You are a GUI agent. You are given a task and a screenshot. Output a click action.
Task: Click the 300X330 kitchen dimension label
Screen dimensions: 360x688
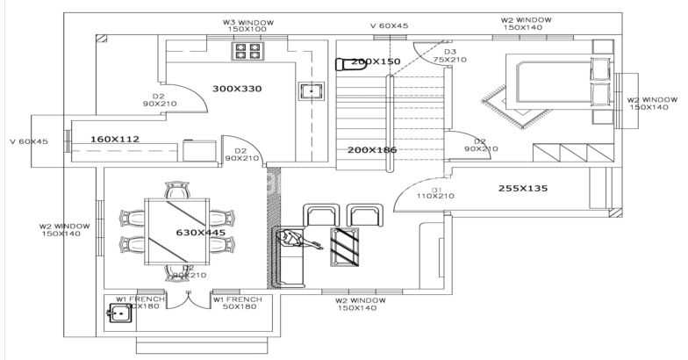tap(237, 89)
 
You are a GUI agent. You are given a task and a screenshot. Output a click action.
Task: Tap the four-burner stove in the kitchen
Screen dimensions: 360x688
tap(243, 52)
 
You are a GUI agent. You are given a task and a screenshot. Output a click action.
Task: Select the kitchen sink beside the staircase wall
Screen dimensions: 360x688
tap(310, 90)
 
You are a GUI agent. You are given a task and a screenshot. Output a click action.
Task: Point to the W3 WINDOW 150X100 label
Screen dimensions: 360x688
tap(247, 24)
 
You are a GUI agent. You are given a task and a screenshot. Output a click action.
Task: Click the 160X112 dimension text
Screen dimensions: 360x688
tap(115, 139)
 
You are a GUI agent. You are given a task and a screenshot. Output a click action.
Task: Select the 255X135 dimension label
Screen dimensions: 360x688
tap(523, 188)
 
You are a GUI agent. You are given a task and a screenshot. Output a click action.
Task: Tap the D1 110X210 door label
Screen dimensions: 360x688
tap(436, 192)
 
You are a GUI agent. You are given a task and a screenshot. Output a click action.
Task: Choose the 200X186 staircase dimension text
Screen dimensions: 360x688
tap(372, 150)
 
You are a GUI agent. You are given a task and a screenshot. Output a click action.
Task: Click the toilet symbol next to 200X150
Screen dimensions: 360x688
tap(342, 62)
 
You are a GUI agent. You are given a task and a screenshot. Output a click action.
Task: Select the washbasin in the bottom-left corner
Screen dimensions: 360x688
tap(118, 311)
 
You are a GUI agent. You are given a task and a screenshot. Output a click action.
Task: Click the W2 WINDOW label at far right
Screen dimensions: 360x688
tap(652, 103)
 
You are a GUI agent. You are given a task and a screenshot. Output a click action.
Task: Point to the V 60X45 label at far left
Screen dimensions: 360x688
tap(28, 141)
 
